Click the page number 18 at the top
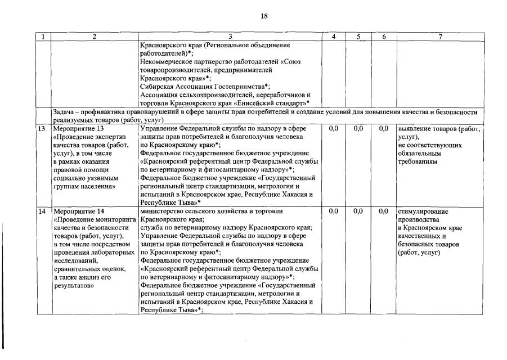(263, 17)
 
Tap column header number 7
(439, 37)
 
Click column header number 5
(358, 37)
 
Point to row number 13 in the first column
(41, 129)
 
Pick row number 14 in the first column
(41, 211)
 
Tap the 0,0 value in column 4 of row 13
(333, 129)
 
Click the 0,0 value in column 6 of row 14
(384, 211)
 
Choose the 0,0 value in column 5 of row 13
(358, 129)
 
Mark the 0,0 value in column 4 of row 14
(333, 211)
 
